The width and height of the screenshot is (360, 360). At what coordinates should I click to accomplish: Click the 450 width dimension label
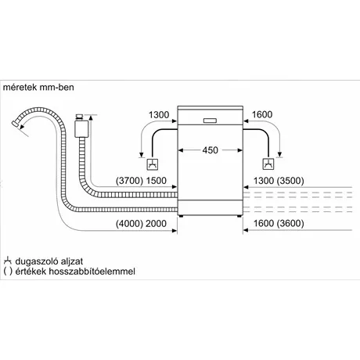[x=211, y=150]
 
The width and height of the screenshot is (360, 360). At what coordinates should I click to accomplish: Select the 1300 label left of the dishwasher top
[x=159, y=115]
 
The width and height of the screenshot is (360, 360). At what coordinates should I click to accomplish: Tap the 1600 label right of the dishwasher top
[x=262, y=114]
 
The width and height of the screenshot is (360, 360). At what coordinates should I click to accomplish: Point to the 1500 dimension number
[x=156, y=181]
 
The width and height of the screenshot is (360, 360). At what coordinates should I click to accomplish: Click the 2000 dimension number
[x=156, y=224]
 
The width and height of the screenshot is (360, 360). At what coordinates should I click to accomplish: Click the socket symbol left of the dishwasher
[x=152, y=164]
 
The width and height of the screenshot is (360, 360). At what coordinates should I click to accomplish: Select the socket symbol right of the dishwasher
[x=268, y=164]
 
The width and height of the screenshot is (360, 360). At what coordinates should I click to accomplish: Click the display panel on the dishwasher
[x=210, y=121]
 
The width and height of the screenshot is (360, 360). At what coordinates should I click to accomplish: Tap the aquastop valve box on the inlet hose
[x=81, y=128]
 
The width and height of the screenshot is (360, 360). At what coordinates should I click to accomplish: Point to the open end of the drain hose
[x=16, y=124]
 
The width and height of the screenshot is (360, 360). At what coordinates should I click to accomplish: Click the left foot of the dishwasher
[x=182, y=216]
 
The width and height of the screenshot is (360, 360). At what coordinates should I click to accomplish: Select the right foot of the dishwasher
[x=239, y=216]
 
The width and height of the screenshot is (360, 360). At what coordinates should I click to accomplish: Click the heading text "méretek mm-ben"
[x=38, y=87]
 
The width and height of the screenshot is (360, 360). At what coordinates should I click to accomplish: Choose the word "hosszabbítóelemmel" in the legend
[x=92, y=272]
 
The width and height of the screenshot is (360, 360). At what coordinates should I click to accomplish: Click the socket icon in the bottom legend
[x=8, y=261]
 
